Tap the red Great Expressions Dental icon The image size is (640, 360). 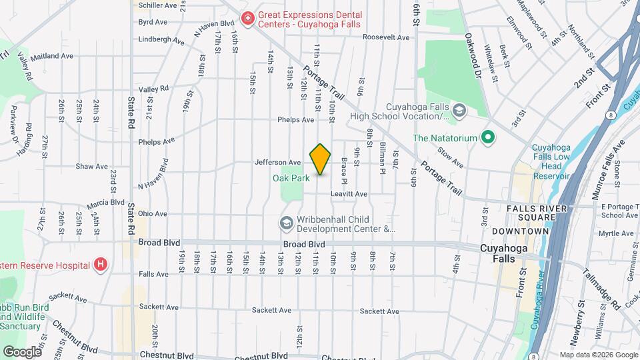[247, 18]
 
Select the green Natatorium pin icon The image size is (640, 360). [487, 138]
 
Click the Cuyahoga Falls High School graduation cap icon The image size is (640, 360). [459, 109]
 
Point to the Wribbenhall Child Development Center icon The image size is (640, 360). [287, 223]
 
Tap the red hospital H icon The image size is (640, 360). [101, 265]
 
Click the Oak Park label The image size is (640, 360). [291, 178]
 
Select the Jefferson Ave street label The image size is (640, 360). [278, 162]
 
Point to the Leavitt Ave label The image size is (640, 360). [349, 194]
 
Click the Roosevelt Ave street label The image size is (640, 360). [386, 37]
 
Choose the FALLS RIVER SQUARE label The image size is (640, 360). [531, 213]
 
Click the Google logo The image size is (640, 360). [21, 351]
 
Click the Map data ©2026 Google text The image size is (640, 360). [597, 355]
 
